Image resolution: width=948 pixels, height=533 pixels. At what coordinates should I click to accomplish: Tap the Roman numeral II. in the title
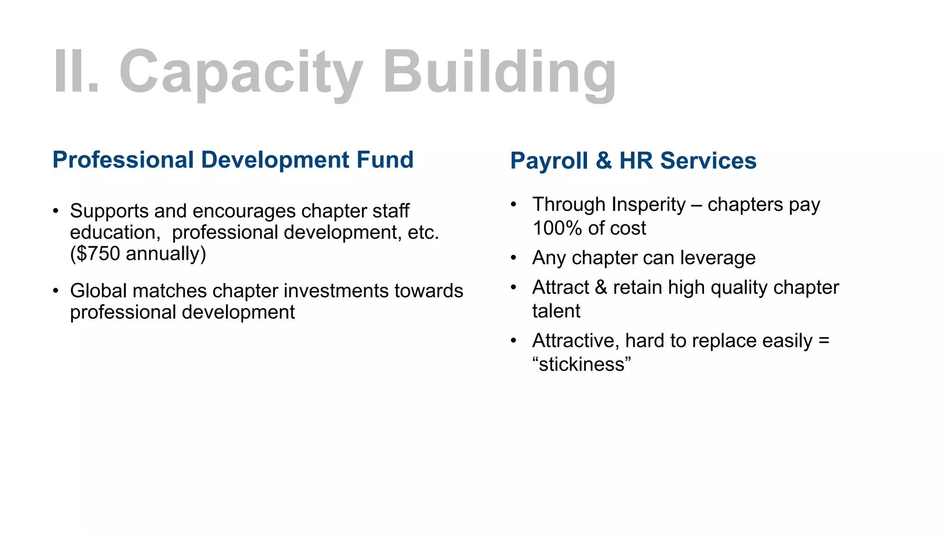coord(76,72)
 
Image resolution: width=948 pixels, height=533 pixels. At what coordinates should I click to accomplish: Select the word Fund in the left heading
coord(385,160)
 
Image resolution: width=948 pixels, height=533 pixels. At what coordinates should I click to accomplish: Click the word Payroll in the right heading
coord(549,161)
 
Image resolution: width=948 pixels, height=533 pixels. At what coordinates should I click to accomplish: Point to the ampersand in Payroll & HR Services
coord(604,161)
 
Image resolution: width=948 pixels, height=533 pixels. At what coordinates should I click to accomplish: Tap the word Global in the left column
coord(98,291)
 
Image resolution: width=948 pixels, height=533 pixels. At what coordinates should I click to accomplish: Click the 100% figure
coord(557,228)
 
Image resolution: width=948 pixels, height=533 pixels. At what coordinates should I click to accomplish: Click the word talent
coord(556,311)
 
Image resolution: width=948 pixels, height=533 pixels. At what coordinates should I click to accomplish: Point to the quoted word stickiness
coord(581,365)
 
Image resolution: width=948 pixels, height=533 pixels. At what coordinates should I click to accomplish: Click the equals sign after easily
coord(824,341)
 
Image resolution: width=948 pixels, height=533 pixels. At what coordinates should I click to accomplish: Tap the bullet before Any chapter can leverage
coord(513,258)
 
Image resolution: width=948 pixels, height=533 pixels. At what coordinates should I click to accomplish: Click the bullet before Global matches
coord(56,291)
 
